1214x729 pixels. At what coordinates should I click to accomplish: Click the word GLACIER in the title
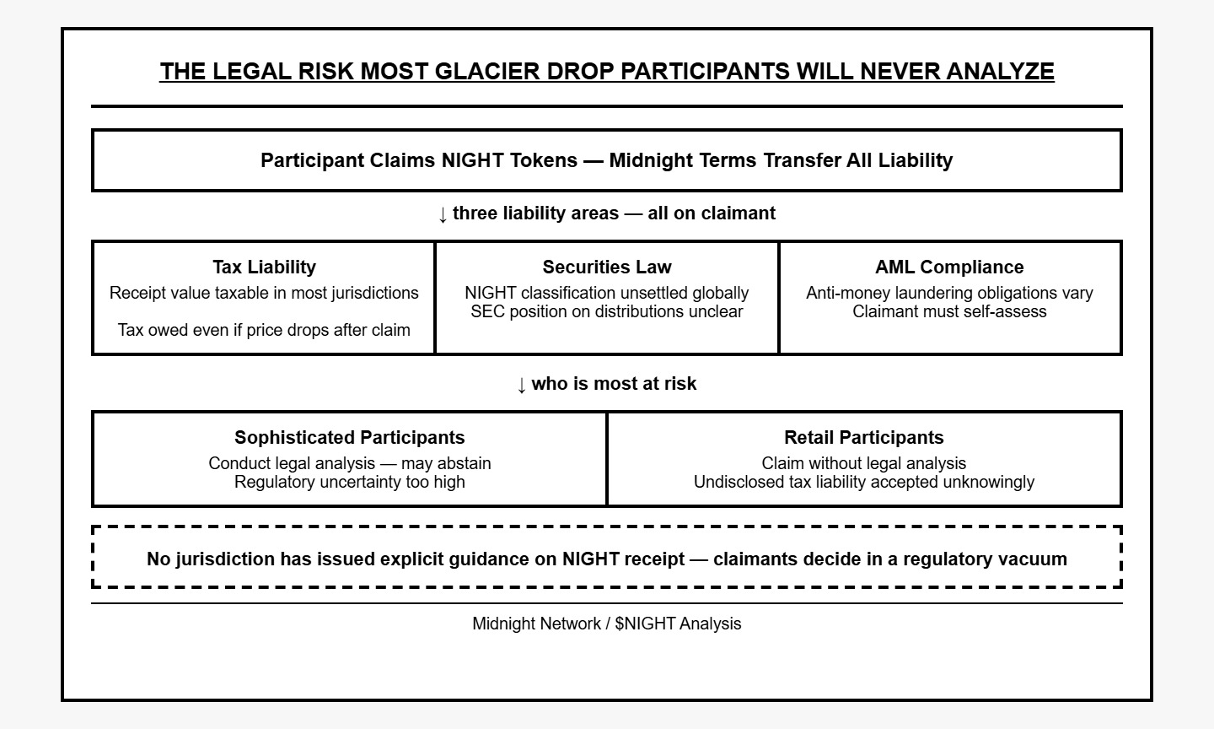click(x=486, y=72)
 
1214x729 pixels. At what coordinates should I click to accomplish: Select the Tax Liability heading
click(x=264, y=267)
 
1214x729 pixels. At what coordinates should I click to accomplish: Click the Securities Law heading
click(x=607, y=267)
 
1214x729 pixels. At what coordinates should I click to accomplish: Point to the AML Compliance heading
click(x=949, y=267)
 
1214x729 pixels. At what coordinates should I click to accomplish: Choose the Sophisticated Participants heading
click(x=350, y=437)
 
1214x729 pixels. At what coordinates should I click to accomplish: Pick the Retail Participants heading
click(x=864, y=437)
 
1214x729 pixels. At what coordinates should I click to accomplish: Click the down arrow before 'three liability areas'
click(x=443, y=215)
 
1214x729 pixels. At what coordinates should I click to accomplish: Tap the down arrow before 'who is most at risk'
click(x=521, y=385)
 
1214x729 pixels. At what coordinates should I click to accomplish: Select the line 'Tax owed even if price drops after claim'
click(x=264, y=330)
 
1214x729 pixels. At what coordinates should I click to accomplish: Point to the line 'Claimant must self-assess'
click(x=949, y=311)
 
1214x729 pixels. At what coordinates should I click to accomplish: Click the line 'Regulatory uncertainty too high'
click(x=350, y=482)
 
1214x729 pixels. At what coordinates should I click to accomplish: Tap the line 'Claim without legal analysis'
click(x=864, y=463)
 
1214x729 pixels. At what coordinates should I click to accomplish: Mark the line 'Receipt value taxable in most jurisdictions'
click(x=264, y=293)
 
